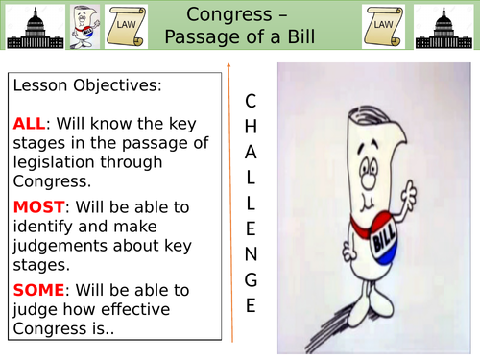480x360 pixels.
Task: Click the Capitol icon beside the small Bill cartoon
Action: pos(28,28)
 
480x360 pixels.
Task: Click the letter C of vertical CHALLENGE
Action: pos(251,100)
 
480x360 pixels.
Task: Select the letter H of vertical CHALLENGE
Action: pos(251,125)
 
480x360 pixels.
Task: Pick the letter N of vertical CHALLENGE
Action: pos(251,254)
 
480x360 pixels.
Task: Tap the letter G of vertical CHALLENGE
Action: pos(251,280)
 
